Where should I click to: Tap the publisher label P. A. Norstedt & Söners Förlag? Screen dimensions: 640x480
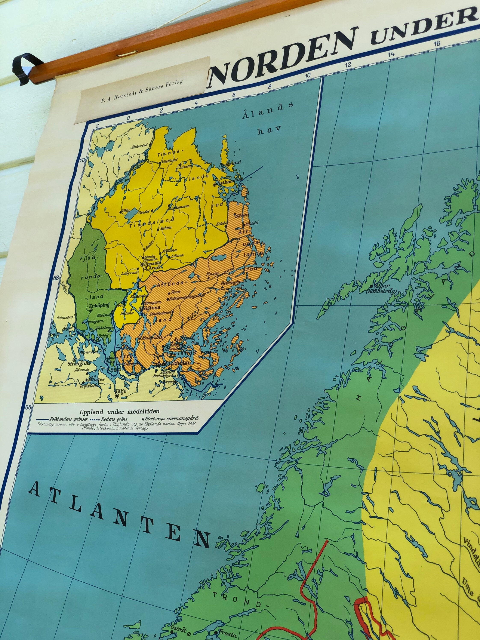[142, 91]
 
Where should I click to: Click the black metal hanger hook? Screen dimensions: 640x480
[25, 68]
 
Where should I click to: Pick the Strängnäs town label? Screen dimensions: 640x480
[79, 364]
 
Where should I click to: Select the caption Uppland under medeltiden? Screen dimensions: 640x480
[120, 411]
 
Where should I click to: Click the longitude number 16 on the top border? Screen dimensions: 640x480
[437, 43]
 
